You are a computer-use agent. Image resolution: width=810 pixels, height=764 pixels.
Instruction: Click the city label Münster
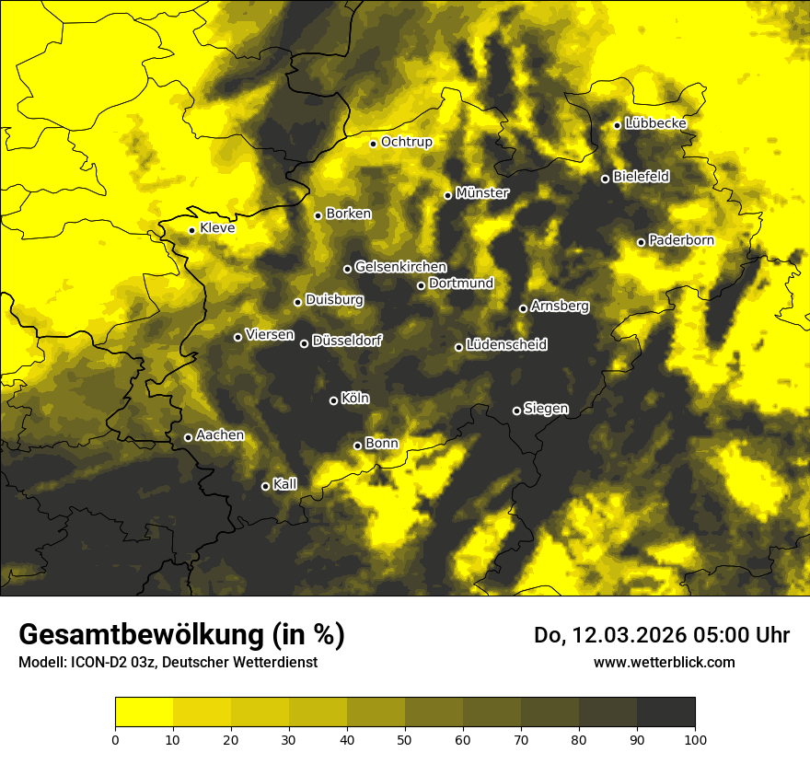tap(482, 193)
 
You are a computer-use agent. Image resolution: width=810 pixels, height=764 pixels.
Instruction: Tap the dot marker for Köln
tap(333, 400)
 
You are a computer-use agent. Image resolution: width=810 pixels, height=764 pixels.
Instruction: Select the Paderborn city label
tap(681, 240)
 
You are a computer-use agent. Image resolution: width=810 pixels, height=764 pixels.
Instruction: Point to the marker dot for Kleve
tap(191, 231)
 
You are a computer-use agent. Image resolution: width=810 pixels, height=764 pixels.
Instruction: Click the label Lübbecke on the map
tap(655, 123)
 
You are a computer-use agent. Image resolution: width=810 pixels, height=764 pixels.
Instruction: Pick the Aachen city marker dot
tap(188, 437)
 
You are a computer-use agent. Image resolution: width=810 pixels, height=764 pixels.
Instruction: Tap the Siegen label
tap(546, 409)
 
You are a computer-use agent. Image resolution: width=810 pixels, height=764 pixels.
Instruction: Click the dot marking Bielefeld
tap(605, 179)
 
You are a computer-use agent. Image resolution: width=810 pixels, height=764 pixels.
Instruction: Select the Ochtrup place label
tap(406, 142)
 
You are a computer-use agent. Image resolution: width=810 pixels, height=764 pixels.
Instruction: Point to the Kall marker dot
tap(265, 486)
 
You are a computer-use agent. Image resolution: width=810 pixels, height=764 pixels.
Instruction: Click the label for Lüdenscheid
tap(506, 345)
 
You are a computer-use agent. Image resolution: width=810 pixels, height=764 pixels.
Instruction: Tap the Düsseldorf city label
tap(346, 341)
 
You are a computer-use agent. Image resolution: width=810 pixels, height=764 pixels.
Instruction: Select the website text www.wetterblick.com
tap(664, 662)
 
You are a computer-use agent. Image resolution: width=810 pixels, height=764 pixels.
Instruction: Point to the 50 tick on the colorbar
tap(405, 738)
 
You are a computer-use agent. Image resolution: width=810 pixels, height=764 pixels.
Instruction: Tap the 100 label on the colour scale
tap(695, 738)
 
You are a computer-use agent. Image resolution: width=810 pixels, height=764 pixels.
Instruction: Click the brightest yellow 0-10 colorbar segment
tap(144, 712)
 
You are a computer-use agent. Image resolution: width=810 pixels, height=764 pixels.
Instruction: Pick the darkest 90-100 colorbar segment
tap(665, 712)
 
